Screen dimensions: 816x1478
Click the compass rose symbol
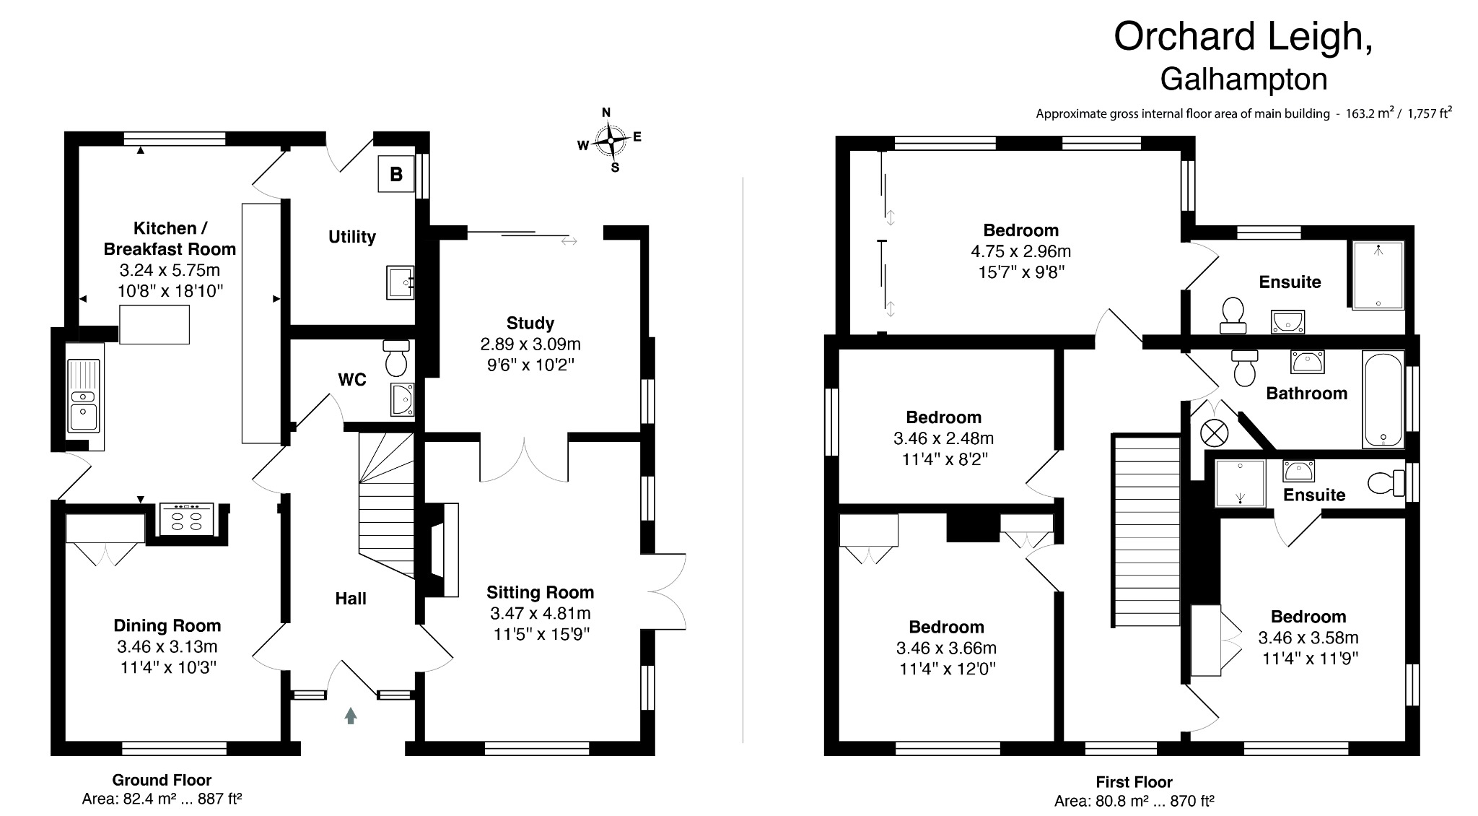click(611, 140)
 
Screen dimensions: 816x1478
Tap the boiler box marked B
click(396, 174)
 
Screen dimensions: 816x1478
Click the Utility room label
click(352, 237)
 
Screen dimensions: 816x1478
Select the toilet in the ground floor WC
click(396, 359)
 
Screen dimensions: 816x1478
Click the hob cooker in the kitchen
click(185, 518)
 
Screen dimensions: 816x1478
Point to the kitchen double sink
click(84, 396)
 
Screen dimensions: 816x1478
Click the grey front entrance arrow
click(351, 716)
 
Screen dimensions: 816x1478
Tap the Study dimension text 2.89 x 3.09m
click(530, 344)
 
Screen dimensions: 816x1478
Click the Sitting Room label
click(540, 593)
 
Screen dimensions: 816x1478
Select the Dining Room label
click(167, 626)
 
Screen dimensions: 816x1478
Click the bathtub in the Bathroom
click(1383, 399)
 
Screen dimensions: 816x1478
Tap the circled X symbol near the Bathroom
click(1213, 433)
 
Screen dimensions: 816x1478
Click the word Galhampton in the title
click(1243, 79)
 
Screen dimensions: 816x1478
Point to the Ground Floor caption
click(162, 780)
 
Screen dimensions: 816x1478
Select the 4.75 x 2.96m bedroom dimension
click(1020, 252)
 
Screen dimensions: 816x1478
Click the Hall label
click(351, 599)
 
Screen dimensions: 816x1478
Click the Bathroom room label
click(1306, 394)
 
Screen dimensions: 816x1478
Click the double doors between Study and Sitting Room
click(525, 459)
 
